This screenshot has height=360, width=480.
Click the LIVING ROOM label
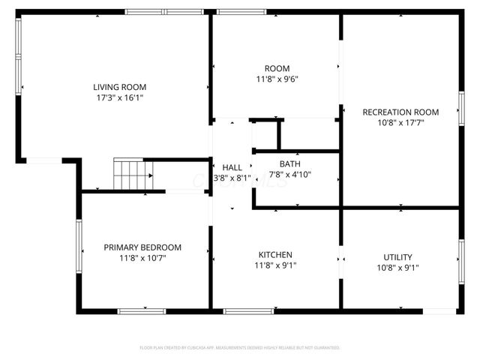pos(119,87)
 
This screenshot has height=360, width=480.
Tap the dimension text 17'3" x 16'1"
pos(119,98)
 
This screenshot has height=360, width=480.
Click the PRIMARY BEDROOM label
pos(142,247)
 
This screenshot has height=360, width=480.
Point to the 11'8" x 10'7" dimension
pos(142,259)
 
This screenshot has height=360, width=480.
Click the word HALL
pos(232,167)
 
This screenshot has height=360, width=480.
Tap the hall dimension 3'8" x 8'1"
pos(232,178)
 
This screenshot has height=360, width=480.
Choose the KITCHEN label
pos(275,255)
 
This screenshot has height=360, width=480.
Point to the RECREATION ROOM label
pos(400,112)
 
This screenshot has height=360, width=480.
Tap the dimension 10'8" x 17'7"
pos(400,123)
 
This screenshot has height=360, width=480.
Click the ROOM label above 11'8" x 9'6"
pos(277,68)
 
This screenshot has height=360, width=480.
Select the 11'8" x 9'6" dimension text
pos(277,79)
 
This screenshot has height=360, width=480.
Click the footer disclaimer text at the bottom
pos(240,348)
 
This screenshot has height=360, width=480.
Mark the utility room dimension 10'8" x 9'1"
pos(397,268)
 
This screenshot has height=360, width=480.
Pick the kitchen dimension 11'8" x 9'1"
pos(275,265)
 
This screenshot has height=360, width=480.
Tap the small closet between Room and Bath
pos(264,135)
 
